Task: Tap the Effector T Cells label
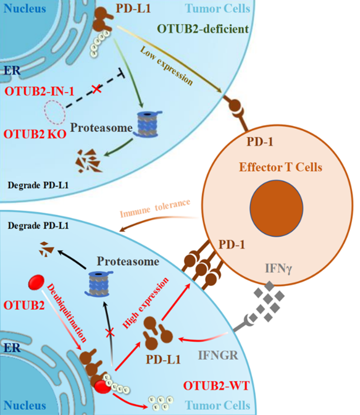(280, 168)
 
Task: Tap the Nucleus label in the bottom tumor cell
(25, 405)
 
